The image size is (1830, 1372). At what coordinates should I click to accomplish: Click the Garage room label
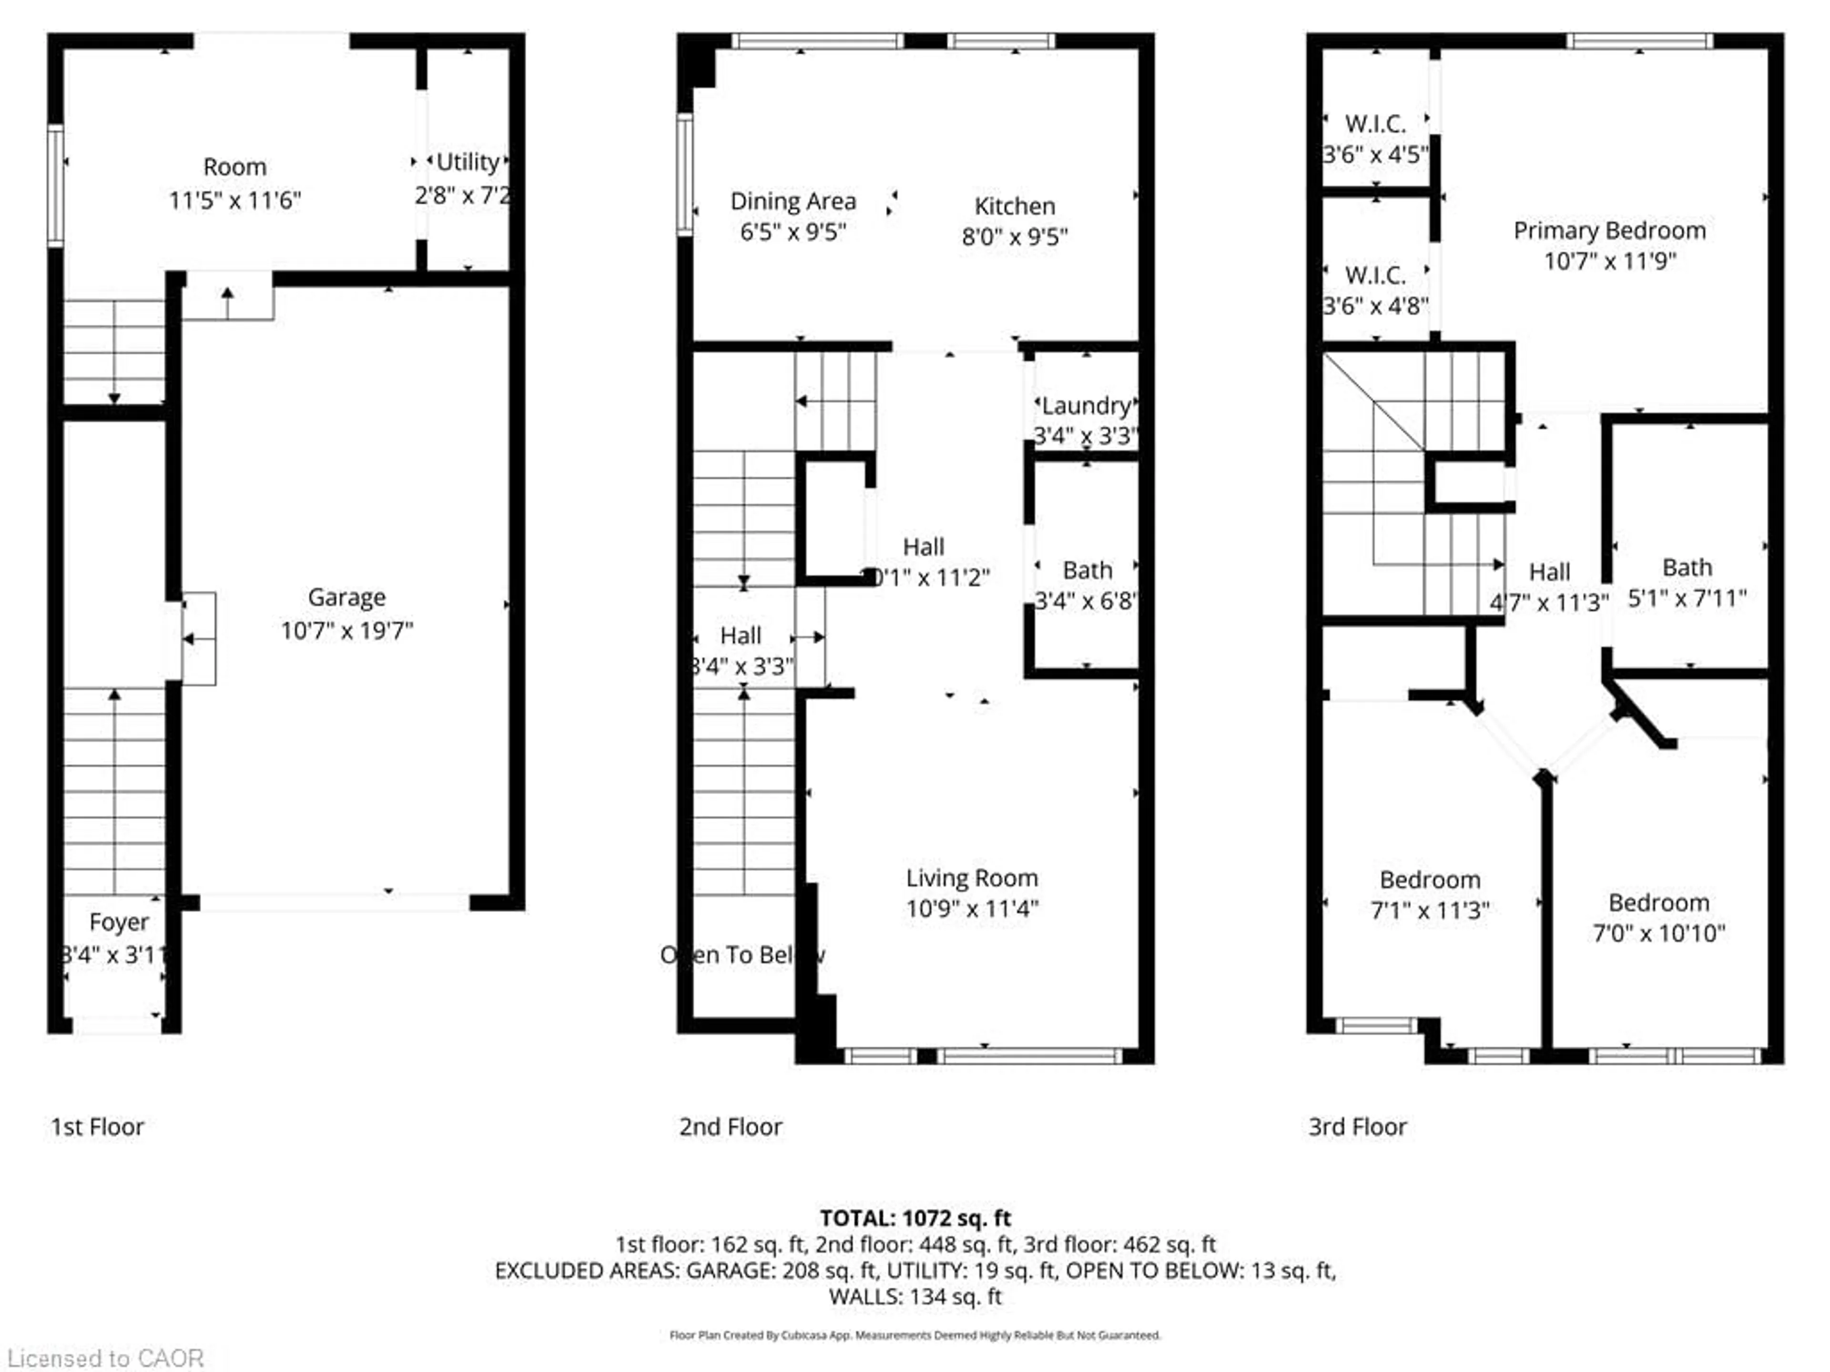pos(346,597)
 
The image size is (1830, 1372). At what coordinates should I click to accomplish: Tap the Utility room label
pos(468,162)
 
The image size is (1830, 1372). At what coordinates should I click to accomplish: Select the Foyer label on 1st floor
pos(118,922)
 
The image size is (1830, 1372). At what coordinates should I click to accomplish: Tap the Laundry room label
pos(1086,406)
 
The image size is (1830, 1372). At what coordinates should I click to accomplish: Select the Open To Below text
pos(742,955)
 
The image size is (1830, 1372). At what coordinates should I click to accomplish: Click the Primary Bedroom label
pos(1609,231)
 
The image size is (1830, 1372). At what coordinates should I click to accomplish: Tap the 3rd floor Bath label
pos(1687,568)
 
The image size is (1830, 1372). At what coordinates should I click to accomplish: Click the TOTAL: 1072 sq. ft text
pos(915,1218)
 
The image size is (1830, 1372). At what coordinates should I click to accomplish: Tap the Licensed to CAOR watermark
pos(105,1359)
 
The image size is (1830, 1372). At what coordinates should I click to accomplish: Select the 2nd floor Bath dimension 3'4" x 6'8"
pos(1086,601)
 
